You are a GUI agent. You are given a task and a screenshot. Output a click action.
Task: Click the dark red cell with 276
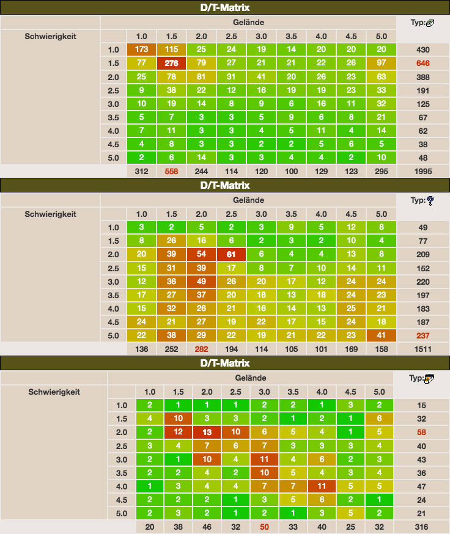click(x=172, y=63)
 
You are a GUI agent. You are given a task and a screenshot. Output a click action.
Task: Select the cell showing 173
click(x=142, y=49)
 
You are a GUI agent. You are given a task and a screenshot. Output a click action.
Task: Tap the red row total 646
click(x=423, y=63)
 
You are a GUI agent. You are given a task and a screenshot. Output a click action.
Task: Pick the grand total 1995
click(x=423, y=171)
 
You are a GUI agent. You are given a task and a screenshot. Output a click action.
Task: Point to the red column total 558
click(x=172, y=171)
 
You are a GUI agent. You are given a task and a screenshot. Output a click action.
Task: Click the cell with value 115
click(x=172, y=49)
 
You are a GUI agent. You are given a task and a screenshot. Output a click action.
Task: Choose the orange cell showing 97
click(x=382, y=63)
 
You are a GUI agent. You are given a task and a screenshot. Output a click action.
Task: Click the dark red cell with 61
click(x=232, y=255)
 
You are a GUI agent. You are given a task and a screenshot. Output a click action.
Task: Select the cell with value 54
click(x=202, y=255)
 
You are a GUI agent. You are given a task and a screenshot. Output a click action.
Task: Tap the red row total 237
click(x=423, y=335)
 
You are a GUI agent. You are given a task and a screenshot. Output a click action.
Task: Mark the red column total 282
click(x=202, y=349)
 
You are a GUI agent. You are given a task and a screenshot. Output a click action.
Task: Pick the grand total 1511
click(x=423, y=349)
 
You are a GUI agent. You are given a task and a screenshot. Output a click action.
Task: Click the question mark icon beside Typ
click(x=430, y=200)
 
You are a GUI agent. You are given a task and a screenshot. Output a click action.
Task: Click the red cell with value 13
click(x=208, y=432)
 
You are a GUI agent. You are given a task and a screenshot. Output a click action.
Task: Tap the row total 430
click(x=423, y=49)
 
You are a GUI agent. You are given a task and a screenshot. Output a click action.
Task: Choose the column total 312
click(x=142, y=171)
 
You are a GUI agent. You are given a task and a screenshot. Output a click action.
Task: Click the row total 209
click(x=423, y=255)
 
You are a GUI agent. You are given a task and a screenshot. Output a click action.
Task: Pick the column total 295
click(x=382, y=171)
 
